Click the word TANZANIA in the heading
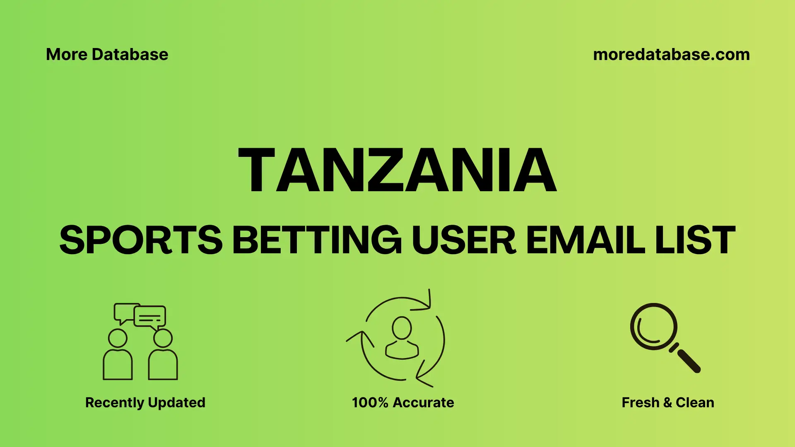tap(397, 171)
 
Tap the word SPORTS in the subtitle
tap(141, 240)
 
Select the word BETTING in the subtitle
tap(317, 240)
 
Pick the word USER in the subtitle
tap(464, 240)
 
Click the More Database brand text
tap(107, 55)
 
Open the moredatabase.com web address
tap(671, 55)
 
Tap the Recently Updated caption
tap(145, 402)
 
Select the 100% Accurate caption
tap(402, 402)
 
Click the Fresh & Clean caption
tap(667, 402)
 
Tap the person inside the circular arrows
tap(402, 339)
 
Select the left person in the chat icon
tap(118, 356)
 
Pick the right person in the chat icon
tap(163, 356)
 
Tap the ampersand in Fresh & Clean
tap(667, 402)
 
